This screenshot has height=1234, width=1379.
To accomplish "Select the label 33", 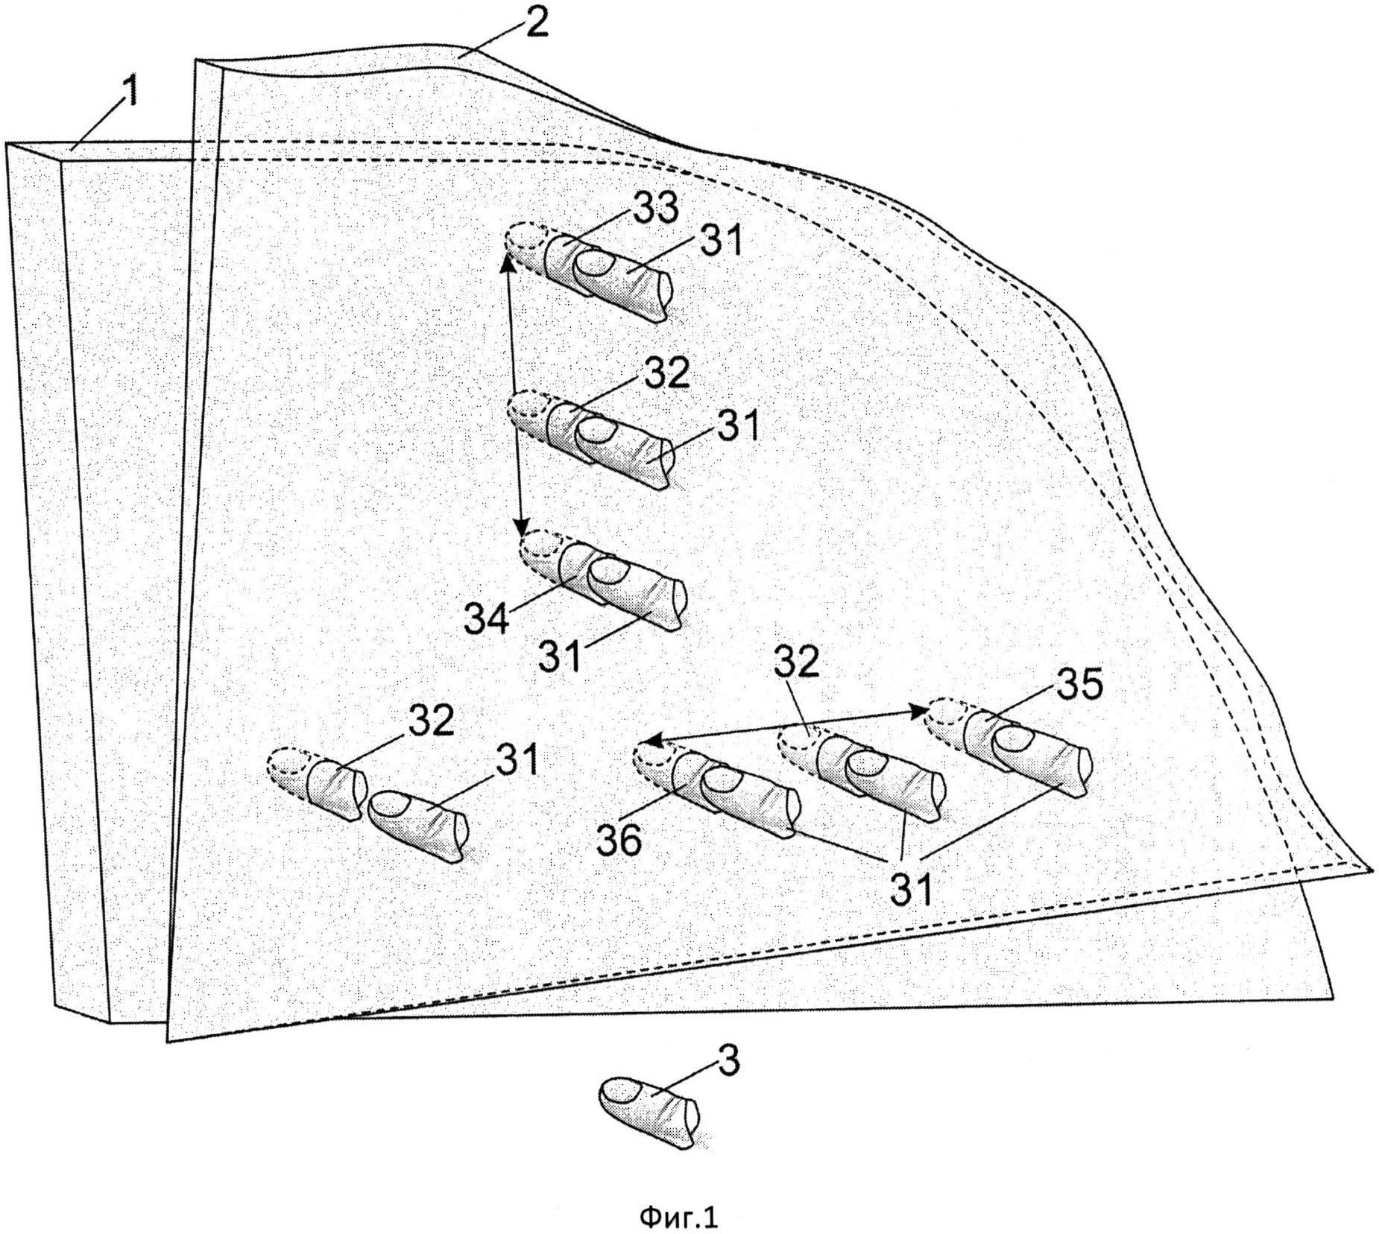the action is pyautogui.click(x=655, y=208).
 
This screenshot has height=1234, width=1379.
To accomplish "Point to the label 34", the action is pyautogui.click(x=487, y=618).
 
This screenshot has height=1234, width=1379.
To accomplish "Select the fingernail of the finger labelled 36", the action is pyautogui.click(x=719, y=779).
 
